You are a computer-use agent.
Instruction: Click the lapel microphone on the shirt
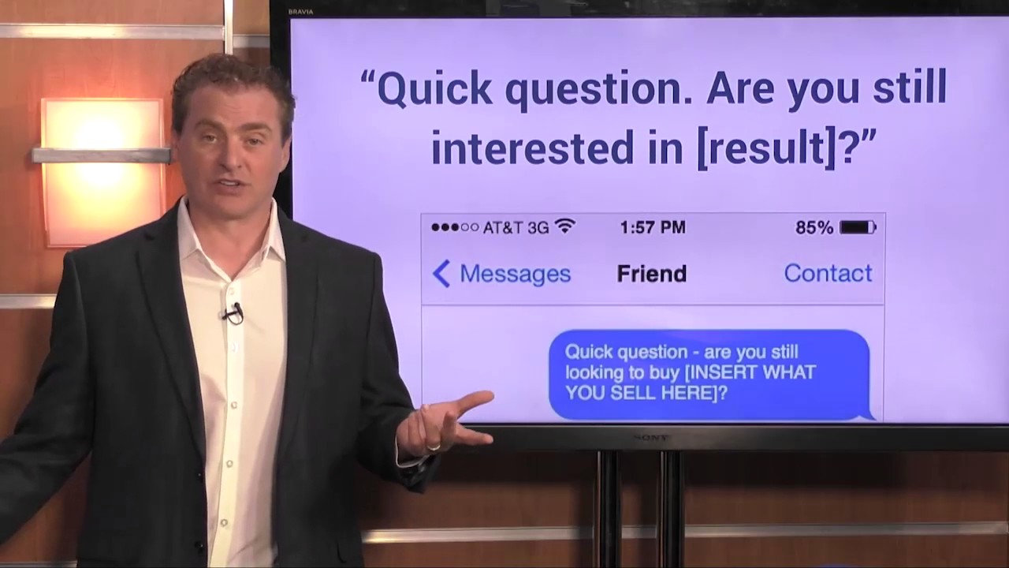point(233,313)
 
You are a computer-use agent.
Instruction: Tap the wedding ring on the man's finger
point(433,447)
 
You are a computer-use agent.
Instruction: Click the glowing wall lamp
point(101,169)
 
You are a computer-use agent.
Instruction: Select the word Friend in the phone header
point(651,274)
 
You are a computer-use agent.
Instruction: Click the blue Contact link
point(828,273)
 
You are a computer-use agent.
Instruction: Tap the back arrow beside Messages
point(441,274)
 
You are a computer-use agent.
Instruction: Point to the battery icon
point(858,228)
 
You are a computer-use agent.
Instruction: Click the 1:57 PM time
point(652,228)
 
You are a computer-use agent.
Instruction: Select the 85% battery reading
point(814,228)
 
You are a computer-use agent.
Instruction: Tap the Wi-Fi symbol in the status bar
point(564,227)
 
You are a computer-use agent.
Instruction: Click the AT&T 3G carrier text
point(516,228)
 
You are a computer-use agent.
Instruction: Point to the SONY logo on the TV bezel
point(651,437)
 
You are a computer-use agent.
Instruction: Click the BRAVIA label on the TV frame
point(301,12)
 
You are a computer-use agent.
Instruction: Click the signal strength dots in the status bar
point(455,228)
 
